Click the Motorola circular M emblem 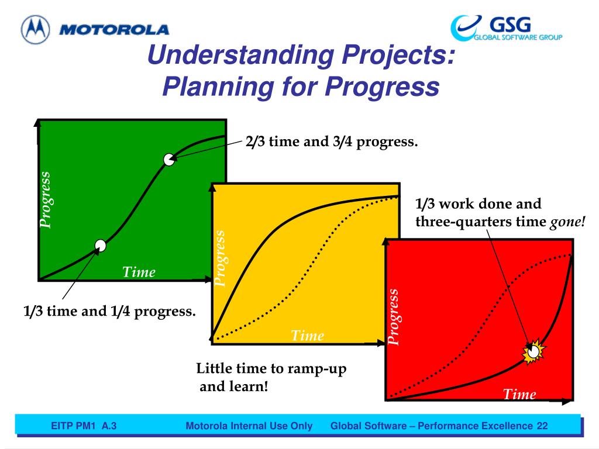tap(36, 29)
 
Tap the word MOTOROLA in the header tap(114, 30)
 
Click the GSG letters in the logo tap(510, 25)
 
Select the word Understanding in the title tap(241, 54)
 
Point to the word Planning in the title tap(218, 87)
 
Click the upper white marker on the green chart tap(169, 159)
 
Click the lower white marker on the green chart tap(101, 246)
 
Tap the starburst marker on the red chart tap(533, 351)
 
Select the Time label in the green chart tap(139, 272)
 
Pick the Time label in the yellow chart tap(308, 336)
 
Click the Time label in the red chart tap(519, 394)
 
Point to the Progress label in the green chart tap(45, 200)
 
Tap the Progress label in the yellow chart tap(220, 258)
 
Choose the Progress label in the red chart tap(393, 317)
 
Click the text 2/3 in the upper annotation tap(255, 141)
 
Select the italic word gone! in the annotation tap(567, 222)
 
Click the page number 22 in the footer tap(542, 426)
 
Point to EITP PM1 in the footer tap(73, 426)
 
